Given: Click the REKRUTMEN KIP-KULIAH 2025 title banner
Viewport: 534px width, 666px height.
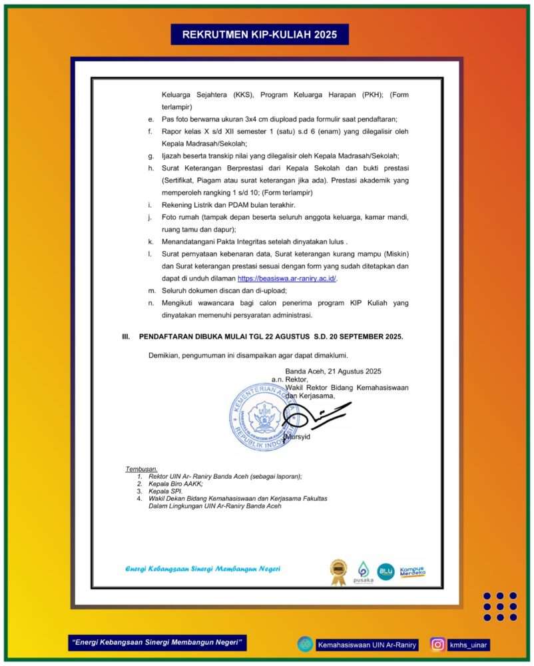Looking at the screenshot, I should pyautogui.click(x=260, y=34).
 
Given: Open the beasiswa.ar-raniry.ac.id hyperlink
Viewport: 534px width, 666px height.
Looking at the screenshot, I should pyautogui.click(x=287, y=278).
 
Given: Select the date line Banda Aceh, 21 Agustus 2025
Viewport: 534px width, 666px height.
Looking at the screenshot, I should pyautogui.click(x=334, y=371).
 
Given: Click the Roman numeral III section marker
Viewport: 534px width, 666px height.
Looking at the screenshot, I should pyautogui.click(x=126, y=337).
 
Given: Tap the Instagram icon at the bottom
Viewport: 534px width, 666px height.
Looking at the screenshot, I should pyautogui.click(x=437, y=644).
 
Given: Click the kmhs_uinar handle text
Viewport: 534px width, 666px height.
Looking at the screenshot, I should pyautogui.click(x=469, y=644).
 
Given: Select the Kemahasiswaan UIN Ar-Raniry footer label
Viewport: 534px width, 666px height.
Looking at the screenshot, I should pyautogui.click(x=367, y=644).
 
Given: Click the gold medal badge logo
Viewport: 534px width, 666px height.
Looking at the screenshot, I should pyautogui.click(x=338, y=571).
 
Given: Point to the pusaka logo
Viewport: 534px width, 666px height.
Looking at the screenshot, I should pyautogui.click(x=364, y=572).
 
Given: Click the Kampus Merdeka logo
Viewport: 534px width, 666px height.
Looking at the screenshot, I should pyautogui.click(x=413, y=571).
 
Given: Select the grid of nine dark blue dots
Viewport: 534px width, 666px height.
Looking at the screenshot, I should pyautogui.click(x=500, y=607).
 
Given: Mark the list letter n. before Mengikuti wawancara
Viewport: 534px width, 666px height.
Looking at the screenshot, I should pyautogui.click(x=150, y=303).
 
